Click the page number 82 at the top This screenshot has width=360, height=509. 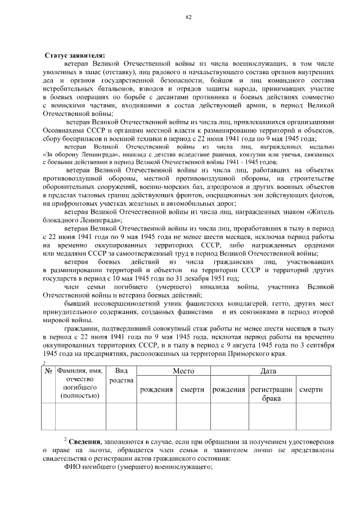(189, 17)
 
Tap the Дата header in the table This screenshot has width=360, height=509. (268, 372)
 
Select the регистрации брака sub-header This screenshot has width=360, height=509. (272, 394)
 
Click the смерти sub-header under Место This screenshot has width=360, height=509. (193, 390)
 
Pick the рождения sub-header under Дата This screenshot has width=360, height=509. (228, 390)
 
